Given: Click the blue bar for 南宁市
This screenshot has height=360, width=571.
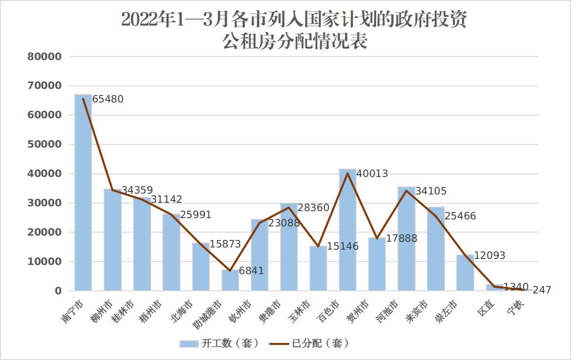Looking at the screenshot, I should click(83, 193).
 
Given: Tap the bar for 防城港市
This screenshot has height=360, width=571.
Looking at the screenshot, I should click(230, 280).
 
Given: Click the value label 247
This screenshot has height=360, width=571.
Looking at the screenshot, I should click(542, 290).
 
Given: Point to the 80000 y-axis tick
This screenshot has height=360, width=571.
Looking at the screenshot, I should click(44, 56).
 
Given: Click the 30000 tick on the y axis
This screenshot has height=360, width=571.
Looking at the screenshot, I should click(44, 203).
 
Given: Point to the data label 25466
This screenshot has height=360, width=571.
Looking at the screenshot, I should click(460, 216).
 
